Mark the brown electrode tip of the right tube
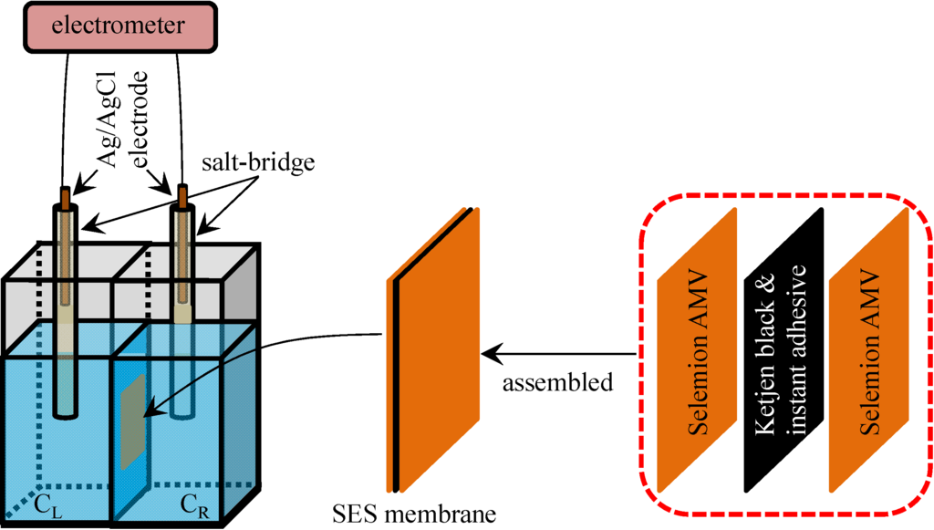(x=182, y=196)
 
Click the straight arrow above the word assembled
(x=556, y=352)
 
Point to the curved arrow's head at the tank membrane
(x=147, y=415)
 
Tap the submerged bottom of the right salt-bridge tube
(x=182, y=401)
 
